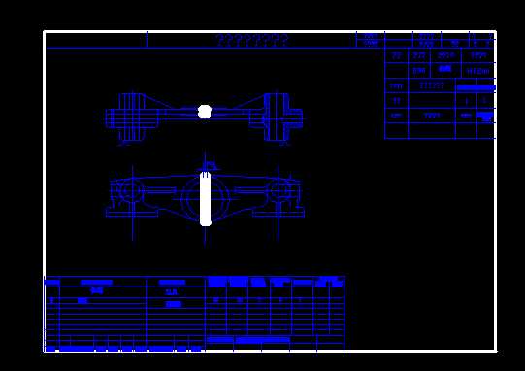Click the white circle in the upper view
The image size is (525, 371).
point(204,113)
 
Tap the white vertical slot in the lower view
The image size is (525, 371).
point(206,198)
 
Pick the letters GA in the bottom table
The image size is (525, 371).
point(172,291)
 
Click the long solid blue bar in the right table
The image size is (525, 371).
point(475,87)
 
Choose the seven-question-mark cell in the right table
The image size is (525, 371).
point(432,85)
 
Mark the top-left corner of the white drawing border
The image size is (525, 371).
point(45,32)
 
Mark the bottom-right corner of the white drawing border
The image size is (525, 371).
point(495,350)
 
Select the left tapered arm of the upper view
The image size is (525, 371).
point(170,116)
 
